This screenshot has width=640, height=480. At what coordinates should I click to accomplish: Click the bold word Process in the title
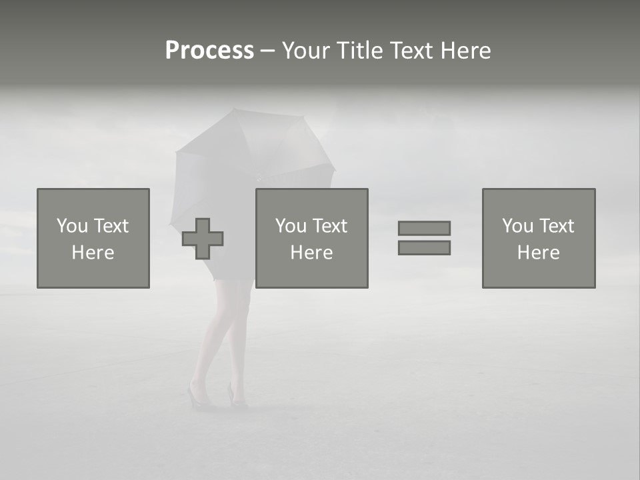209,51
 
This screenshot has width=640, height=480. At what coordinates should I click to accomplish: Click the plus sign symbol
203,239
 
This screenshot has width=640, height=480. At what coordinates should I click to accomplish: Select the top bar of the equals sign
424,228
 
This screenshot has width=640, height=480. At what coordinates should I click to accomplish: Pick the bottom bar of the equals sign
424,247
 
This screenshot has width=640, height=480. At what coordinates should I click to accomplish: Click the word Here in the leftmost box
93,253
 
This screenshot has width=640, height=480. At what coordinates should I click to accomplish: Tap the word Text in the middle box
331,226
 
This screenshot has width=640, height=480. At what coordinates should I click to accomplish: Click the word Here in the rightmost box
538,253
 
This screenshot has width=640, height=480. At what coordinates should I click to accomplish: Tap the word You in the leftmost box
72,226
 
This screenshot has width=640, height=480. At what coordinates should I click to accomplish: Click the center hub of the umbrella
259,177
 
